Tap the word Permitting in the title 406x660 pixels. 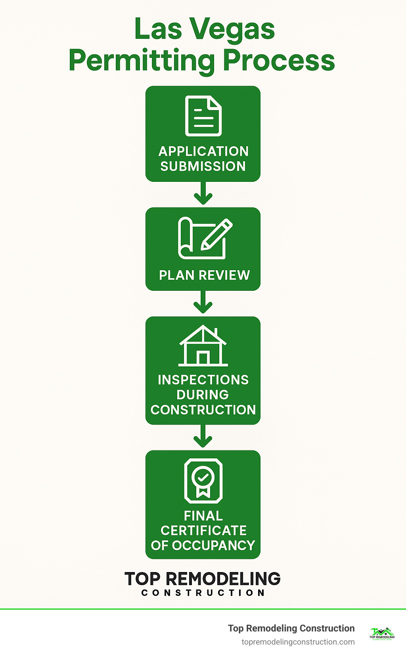pos(142,61)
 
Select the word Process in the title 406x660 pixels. pos(278,61)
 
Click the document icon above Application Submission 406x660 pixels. pos(203,116)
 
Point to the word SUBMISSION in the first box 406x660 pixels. pos(203,166)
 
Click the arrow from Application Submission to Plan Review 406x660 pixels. pos(203,194)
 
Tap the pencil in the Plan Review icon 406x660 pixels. pos(216,235)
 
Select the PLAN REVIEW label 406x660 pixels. pos(204,275)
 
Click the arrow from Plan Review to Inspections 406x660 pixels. pos(203,303)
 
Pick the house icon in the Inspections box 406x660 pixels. pos(203,346)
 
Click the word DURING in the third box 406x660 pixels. pos(203,395)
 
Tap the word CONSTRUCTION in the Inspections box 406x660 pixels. pos(203,410)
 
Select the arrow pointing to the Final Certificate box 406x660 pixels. pos(203,437)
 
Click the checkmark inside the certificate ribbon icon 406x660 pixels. pos(203,477)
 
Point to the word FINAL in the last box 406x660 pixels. pos(203,516)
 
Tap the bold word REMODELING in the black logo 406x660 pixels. pos(223,579)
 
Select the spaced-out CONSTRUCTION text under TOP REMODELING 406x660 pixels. pos(203,593)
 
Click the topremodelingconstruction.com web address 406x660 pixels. pos(298,642)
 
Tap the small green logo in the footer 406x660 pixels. pos(382,633)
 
